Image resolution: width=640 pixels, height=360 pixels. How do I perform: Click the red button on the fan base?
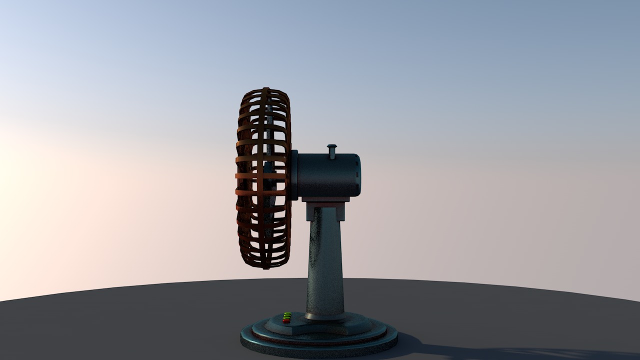pos(286,321)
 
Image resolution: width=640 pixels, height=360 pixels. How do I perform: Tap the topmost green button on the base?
pos(288,313)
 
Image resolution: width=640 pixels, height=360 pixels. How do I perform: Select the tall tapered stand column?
pos(325,265)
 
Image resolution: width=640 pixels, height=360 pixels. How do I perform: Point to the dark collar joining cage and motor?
pos(294,175)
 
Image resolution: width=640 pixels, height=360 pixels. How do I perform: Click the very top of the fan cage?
pos(265,89)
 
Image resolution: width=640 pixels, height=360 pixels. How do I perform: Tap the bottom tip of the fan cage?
pos(266,267)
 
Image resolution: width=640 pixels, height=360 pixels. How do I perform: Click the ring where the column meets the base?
pos(325,316)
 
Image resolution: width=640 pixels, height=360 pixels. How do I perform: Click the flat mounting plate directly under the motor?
pos(325,199)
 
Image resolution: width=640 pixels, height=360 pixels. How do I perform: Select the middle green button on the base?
pos(287,316)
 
